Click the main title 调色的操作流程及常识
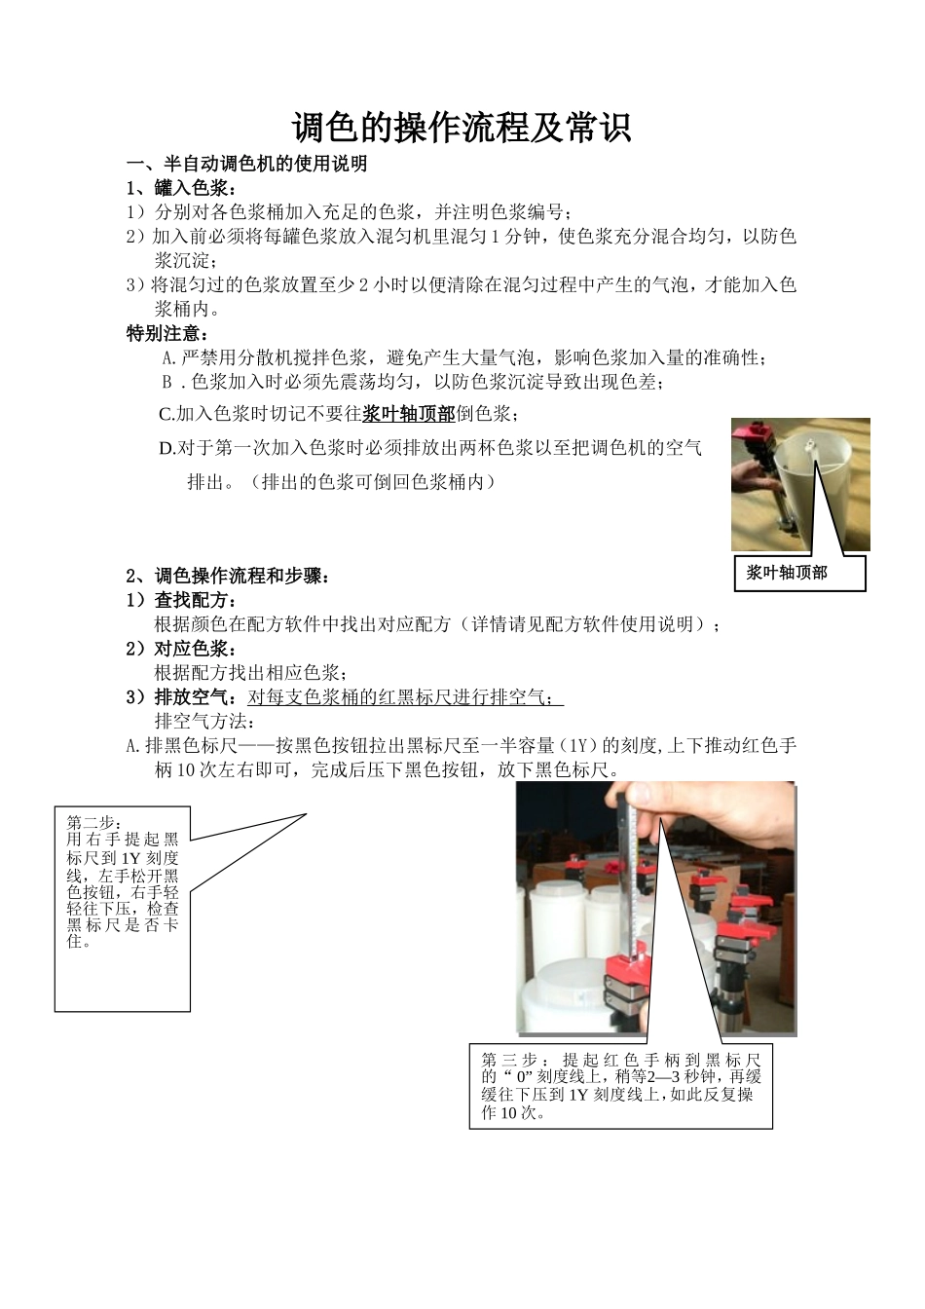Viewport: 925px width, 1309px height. point(462,127)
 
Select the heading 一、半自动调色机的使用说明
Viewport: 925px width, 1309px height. point(247,164)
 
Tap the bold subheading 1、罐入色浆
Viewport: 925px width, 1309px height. point(181,188)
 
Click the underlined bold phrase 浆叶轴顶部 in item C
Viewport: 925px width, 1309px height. point(409,414)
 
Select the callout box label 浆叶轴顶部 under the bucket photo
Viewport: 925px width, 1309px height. point(787,573)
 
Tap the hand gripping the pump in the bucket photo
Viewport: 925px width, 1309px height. point(752,475)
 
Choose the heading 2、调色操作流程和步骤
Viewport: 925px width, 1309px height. point(229,576)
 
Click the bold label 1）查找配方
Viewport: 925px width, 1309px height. point(182,600)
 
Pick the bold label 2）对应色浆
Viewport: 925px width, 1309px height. point(182,648)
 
